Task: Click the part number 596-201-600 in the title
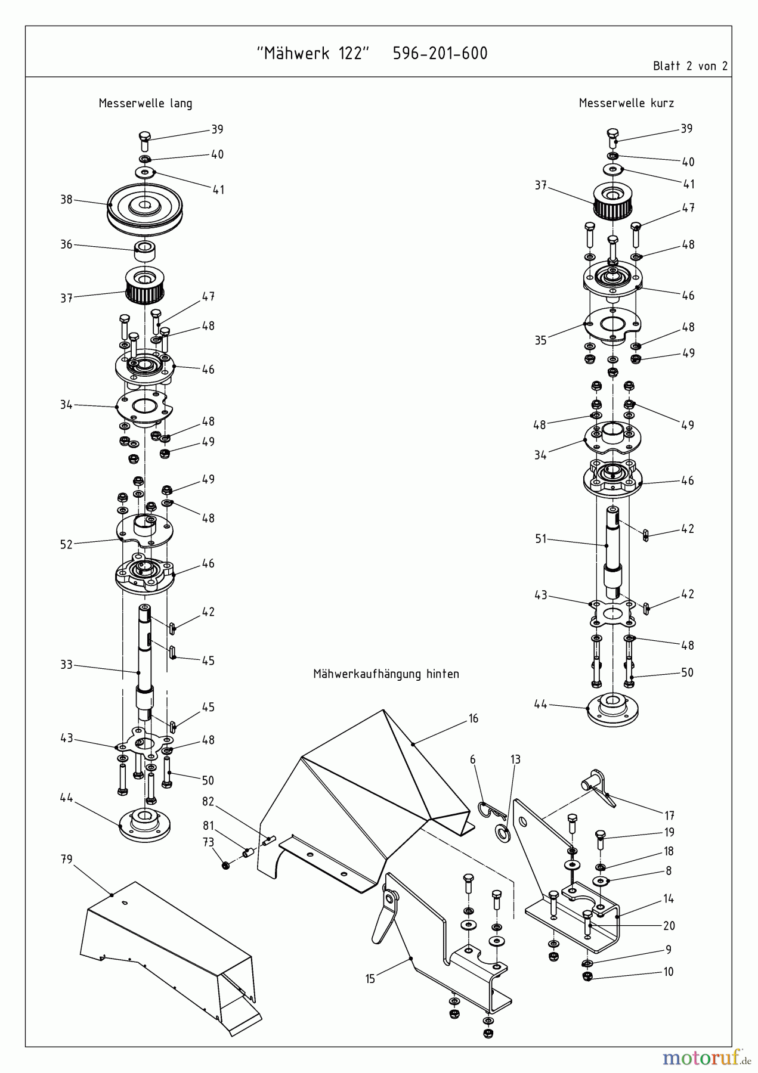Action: pos(440,54)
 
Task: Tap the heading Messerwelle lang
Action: pos(146,103)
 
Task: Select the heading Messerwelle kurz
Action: pos(626,103)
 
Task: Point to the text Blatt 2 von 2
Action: pos(690,66)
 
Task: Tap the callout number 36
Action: pos(66,244)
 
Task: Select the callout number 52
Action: pos(66,544)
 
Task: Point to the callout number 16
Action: pos(473,718)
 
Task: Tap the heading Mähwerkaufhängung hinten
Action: pos(386,674)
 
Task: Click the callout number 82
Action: pos(208,802)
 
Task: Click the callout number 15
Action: pos(370,979)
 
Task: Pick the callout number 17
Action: pos(669,815)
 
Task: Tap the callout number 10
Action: pos(669,972)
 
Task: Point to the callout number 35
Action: pos(540,340)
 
